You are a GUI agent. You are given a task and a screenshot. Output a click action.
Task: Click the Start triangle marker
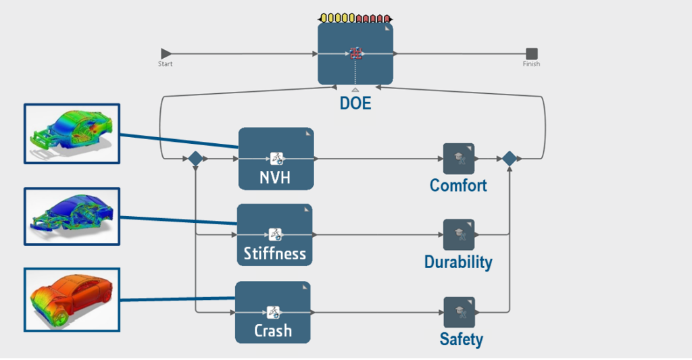click(166, 53)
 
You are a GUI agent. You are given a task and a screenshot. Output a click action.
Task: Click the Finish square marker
click(532, 53)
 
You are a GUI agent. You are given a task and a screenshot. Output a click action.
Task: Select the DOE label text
click(355, 105)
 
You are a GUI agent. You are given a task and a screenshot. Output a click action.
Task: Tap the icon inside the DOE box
click(356, 53)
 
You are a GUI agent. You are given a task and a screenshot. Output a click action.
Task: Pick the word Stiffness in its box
click(274, 254)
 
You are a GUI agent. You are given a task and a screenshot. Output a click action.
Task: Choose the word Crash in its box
click(273, 331)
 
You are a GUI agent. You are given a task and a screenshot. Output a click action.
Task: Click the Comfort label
click(458, 185)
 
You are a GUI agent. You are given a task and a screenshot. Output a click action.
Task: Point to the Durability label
click(458, 262)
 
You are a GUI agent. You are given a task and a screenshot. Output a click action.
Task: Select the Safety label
click(461, 338)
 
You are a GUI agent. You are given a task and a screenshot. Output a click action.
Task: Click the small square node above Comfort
click(458, 159)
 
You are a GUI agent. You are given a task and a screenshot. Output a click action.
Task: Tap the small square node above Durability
click(458, 235)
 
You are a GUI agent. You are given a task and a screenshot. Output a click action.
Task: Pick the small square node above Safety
click(459, 312)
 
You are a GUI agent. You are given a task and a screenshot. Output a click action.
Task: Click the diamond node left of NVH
click(195, 159)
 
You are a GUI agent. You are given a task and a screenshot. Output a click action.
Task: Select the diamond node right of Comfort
click(510, 159)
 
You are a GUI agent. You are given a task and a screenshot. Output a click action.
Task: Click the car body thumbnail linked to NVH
click(72, 133)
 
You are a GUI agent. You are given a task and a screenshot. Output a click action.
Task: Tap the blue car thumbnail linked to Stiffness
click(72, 216)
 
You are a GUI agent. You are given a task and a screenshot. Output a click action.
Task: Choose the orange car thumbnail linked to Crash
click(72, 299)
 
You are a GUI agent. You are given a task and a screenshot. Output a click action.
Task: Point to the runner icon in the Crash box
click(274, 312)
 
